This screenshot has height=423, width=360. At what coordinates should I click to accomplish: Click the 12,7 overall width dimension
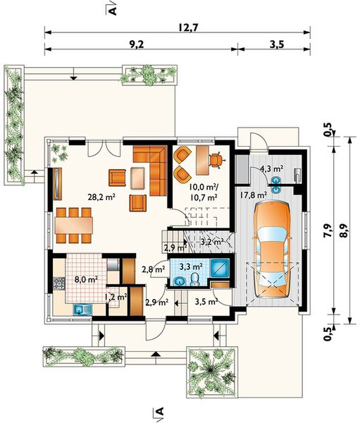coord(189,27)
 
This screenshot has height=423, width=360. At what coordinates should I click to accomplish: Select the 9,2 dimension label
coord(136,44)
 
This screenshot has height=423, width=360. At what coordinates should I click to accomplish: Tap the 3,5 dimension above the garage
coord(277,44)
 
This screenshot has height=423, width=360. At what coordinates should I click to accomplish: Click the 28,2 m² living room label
coord(101,197)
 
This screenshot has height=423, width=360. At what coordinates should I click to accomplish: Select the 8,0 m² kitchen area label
coord(86,279)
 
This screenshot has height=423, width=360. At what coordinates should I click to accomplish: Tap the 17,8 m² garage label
coord(254,195)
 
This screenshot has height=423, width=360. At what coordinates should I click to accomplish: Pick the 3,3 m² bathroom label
coord(191,266)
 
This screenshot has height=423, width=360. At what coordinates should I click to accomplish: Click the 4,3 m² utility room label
coord(271,169)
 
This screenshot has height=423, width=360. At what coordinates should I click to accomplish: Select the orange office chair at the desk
coord(215,160)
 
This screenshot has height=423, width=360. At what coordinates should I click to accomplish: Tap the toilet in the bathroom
coord(194,279)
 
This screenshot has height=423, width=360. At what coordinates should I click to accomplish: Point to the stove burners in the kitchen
coord(58,283)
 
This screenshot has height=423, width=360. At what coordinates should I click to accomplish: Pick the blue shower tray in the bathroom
coord(220,268)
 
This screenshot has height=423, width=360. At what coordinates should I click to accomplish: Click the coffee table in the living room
coord(137,178)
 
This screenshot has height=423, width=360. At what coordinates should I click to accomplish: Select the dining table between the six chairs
coord(74,226)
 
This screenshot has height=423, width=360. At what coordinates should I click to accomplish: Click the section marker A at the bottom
coord(160,412)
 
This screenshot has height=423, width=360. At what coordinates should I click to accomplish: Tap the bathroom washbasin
coord(178,282)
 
